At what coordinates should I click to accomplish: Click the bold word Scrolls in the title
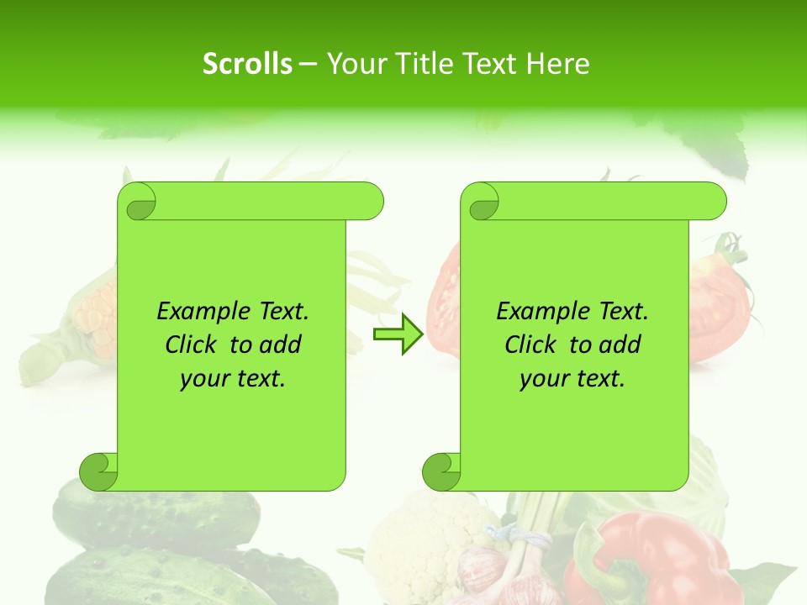pyautogui.click(x=247, y=64)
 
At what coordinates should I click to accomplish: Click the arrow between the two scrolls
pyautogui.click(x=398, y=334)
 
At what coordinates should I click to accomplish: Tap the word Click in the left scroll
pyautogui.click(x=193, y=345)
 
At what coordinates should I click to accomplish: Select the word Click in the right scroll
pyautogui.click(x=532, y=345)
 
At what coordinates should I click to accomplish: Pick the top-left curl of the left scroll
pyautogui.click(x=138, y=202)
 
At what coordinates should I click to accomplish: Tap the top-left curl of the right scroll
pyautogui.click(x=482, y=203)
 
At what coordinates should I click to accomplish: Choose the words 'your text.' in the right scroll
pyautogui.click(x=572, y=378)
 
